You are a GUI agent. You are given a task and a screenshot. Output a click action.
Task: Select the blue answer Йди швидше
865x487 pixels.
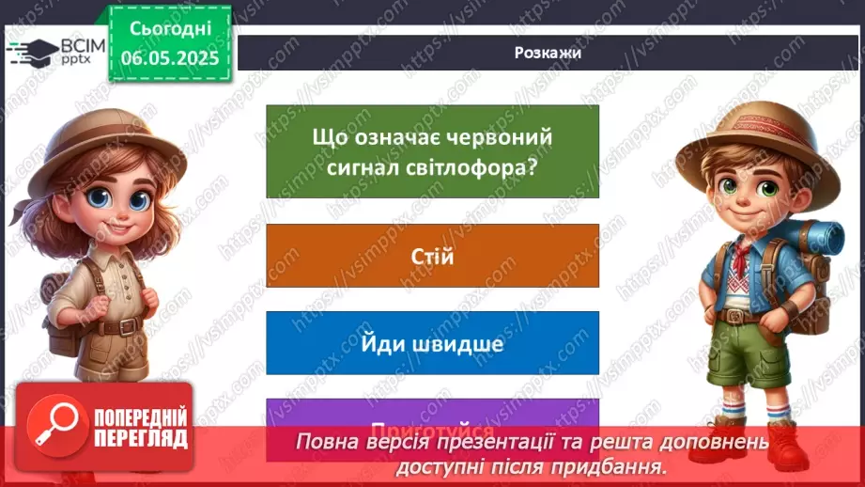tap(432, 343)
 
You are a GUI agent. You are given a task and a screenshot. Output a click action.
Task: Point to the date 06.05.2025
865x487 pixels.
tap(170, 57)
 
